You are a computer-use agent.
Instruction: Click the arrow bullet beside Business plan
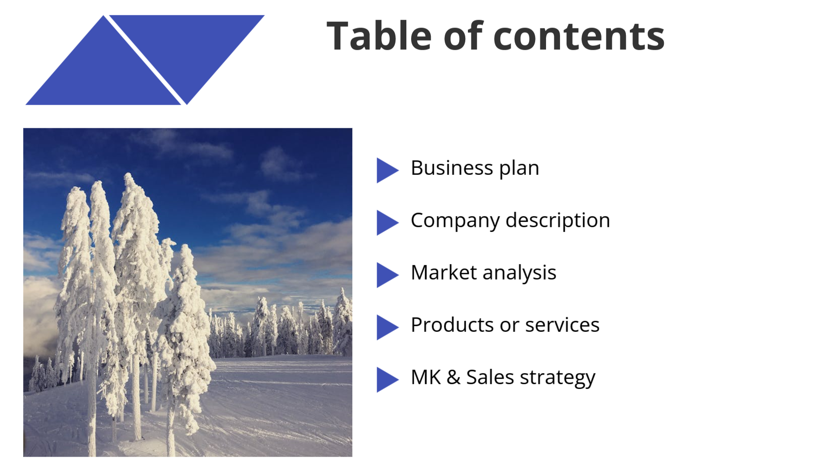pyautogui.click(x=387, y=170)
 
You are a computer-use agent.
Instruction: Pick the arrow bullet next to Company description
pyautogui.click(x=387, y=222)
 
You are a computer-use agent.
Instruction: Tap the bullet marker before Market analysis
pyautogui.click(x=387, y=275)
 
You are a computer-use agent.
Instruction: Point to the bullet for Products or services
pyautogui.click(x=387, y=327)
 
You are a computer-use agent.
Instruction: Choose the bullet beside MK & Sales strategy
pyautogui.click(x=387, y=379)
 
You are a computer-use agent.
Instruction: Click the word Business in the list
pyautogui.click(x=452, y=168)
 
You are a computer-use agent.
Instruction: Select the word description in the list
pyautogui.click(x=558, y=221)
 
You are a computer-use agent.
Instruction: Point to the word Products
pyautogui.click(x=452, y=325)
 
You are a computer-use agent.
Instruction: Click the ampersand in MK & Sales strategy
pyautogui.click(x=453, y=378)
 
